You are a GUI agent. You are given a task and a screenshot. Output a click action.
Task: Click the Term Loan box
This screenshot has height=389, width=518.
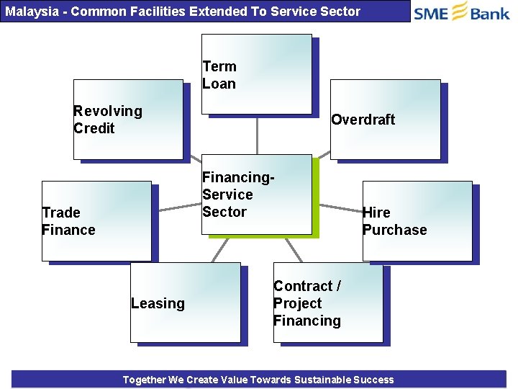coord(256,73)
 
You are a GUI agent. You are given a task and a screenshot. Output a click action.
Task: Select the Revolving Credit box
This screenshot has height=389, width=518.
coord(128,119)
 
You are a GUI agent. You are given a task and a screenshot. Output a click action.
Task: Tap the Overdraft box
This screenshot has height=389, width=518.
coord(385,119)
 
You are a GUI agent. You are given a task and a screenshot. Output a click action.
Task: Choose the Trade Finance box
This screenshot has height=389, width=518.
coord(96,220)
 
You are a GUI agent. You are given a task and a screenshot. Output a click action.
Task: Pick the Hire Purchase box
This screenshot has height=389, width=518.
coord(417,220)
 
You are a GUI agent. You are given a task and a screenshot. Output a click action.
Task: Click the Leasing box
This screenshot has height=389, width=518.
coord(185,302)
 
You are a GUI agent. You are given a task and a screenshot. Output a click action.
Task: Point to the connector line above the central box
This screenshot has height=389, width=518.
coord(257,135)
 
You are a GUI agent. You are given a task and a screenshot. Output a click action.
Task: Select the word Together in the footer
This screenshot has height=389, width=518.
coord(144,380)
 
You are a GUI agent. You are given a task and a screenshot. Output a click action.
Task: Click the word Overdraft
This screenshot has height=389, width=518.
coord(363,120)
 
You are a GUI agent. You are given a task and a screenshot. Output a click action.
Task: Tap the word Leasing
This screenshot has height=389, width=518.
coord(158,304)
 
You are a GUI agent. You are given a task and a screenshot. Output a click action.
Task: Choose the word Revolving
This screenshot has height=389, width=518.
coord(108,111)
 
